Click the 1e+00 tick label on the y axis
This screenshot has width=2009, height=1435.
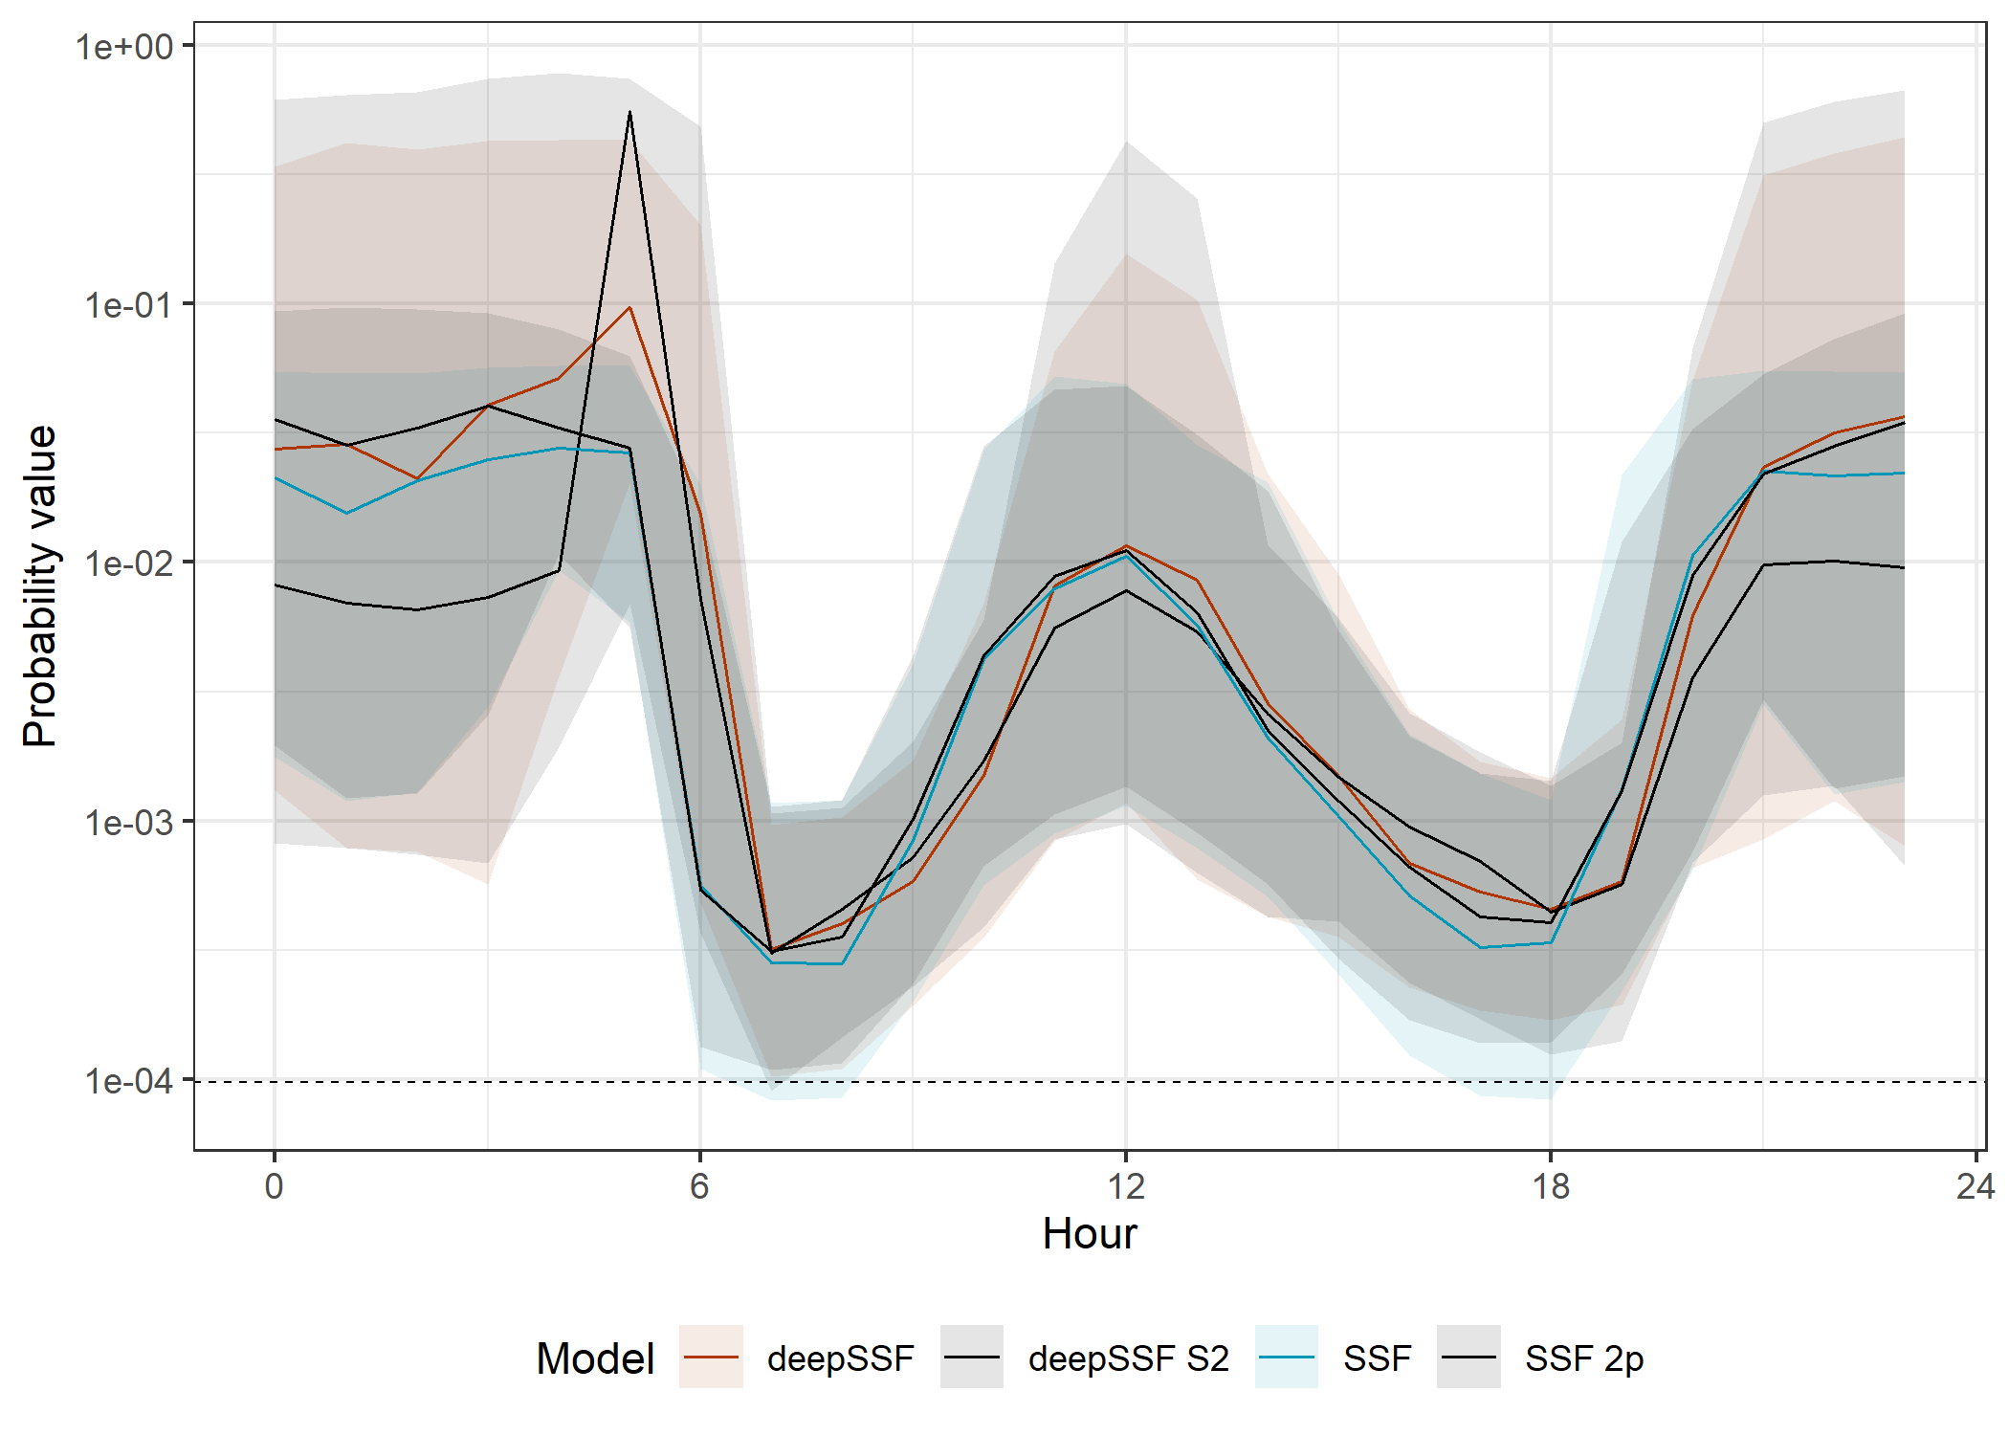124,46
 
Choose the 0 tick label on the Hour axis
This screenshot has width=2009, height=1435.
275,1186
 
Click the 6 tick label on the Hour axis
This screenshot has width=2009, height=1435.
700,1186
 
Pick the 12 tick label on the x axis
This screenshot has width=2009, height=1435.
1126,1186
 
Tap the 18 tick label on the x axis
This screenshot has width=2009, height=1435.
1551,1186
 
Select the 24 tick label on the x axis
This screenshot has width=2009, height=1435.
1975,1186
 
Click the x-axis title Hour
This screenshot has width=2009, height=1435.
1090,1234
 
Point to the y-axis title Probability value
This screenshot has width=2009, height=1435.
40,585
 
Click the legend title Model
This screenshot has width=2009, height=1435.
595,1358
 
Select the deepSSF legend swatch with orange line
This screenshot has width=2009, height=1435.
711,1357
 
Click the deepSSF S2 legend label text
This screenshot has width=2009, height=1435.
1128,1358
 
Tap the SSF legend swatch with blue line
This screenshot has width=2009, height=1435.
1287,1357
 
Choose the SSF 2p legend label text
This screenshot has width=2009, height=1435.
1584,1358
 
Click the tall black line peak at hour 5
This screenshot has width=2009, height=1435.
629,113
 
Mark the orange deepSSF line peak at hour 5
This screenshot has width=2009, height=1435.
629,308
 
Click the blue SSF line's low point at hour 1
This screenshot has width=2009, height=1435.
346,513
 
